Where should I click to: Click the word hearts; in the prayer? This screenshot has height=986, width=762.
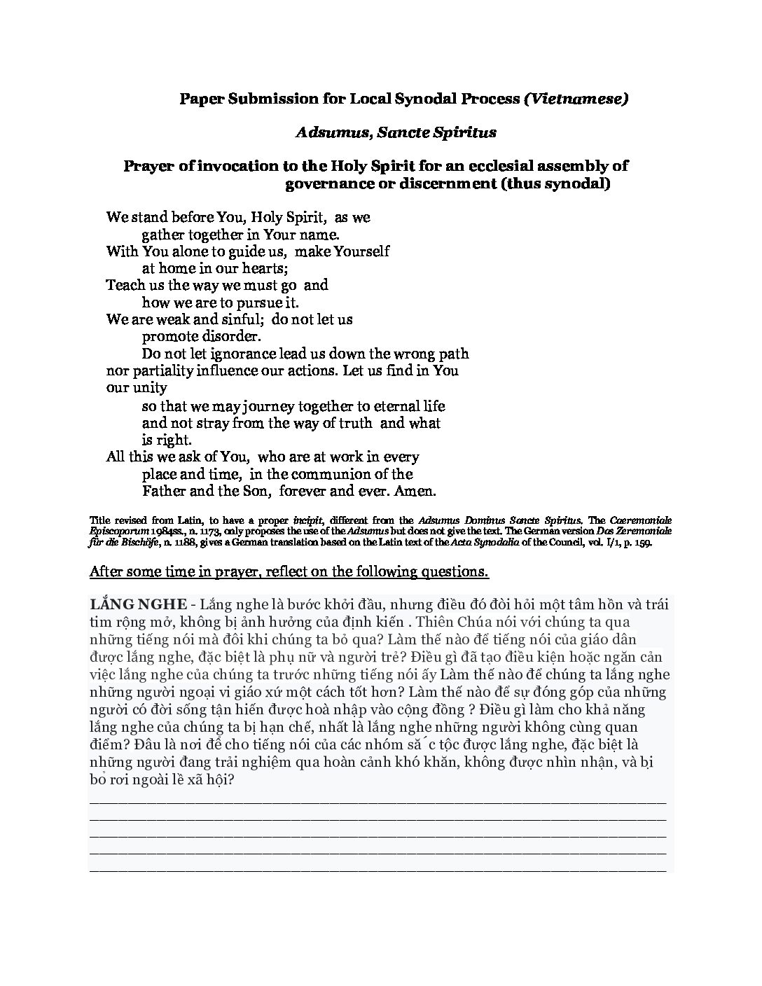pyautogui.click(x=265, y=268)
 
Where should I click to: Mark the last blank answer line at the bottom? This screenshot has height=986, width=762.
pyautogui.click(x=378, y=869)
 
